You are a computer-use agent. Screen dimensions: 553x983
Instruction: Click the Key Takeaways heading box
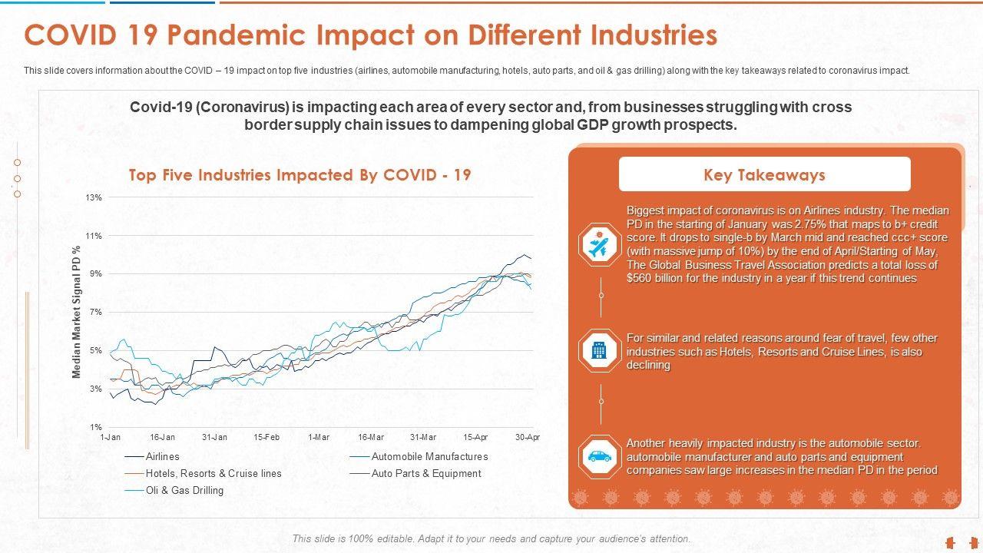pyautogui.click(x=764, y=174)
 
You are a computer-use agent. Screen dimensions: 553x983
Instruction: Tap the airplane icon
pyautogui.click(x=599, y=245)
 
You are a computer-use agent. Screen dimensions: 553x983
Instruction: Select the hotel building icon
pyautogui.click(x=599, y=351)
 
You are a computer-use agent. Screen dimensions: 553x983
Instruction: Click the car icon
pyautogui.click(x=599, y=456)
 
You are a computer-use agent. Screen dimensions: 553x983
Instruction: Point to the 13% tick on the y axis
pyautogui.click(x=94, y=198)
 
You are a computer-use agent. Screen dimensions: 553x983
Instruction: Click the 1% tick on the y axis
pyautogui.click(x=96, y=427)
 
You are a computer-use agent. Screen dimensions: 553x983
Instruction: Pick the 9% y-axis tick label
pyautogui.click(x=96, y=274)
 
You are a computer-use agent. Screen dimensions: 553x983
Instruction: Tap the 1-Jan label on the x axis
pyautogui.click(x=111, y=437)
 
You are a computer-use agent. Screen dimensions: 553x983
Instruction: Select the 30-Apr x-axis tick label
pyautogui.click(x=528, y=437)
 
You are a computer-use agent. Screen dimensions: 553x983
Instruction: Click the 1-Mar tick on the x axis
pyautogui.click(x=319, y=437)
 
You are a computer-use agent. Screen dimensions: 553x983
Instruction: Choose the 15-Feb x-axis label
pyautogui.click(x=266, y=437)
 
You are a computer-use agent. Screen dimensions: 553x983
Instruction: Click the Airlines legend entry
pyautogui.click(x=162, y=456)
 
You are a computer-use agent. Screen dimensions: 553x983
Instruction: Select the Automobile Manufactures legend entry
pyautogui.click(x=429, y=456)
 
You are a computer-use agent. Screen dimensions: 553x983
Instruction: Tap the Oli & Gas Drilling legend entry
pyautogui.click(x=184, y=490)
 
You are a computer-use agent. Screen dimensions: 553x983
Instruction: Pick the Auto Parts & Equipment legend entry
pyautogui.click(x=426, y=473)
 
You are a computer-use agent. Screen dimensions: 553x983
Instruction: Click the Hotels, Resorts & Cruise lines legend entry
pyautogui.click(x=213, y=473)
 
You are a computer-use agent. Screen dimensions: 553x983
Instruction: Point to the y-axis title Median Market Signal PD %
pyautogui.click(x=77, y=313)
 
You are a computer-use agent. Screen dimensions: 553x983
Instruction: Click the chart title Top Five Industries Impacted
pyautogui.click(x=300, y=175)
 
